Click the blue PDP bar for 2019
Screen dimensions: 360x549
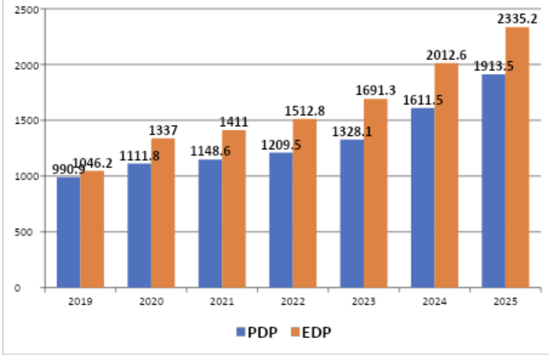tap(68, 232)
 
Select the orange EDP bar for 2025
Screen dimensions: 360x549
tap(517, 157)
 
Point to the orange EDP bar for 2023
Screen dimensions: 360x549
tap(375, 193)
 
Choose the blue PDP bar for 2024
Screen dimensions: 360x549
tap(423, 198)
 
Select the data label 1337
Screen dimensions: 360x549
tap(164, 130)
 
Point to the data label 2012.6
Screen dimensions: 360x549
tap(446, 55)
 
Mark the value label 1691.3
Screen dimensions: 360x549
tap(375, 90)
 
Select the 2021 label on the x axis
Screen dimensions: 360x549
tap(222, 301)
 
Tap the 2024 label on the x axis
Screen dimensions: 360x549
tap(435, 301)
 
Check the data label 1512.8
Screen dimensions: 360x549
tap(305, 110)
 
